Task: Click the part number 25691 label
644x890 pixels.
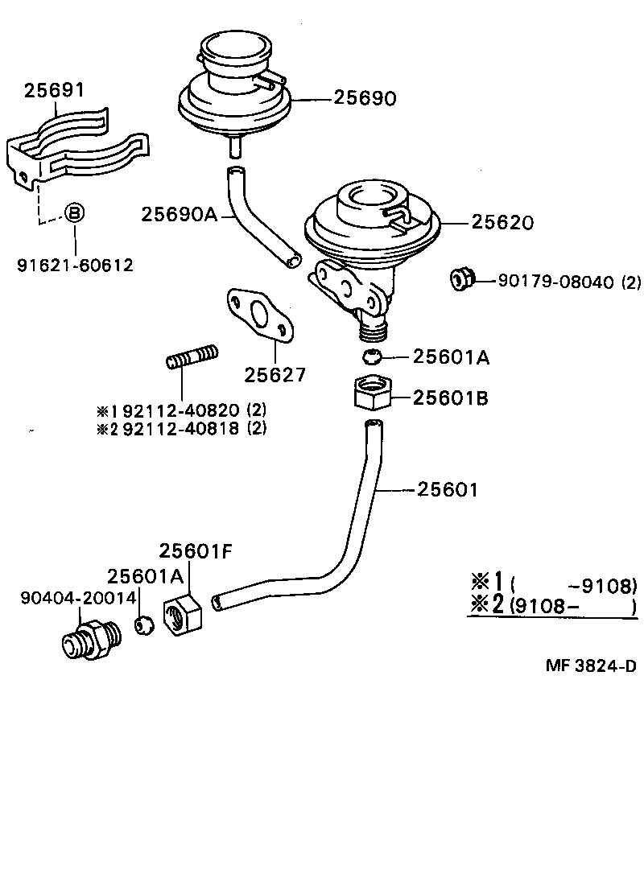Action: [x=54, y=90]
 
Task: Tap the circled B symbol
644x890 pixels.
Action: [x=74, y=213]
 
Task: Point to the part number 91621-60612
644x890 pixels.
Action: [x=75, y=265]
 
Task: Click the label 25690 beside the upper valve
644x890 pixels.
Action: [x=365, y=99]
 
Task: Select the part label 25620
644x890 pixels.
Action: [x=502, y=223]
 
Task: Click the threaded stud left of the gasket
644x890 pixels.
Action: [x=192, y=356]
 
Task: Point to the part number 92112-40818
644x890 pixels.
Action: [x=180, y=428]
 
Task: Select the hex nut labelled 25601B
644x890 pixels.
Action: [x=371, y=393]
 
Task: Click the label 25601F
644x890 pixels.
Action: [x=196, y=551]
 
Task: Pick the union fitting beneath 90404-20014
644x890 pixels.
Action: [x=91, y=639]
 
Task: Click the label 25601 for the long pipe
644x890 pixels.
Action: [x=448, y=489]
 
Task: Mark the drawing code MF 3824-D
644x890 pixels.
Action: [x=591, y=667]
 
